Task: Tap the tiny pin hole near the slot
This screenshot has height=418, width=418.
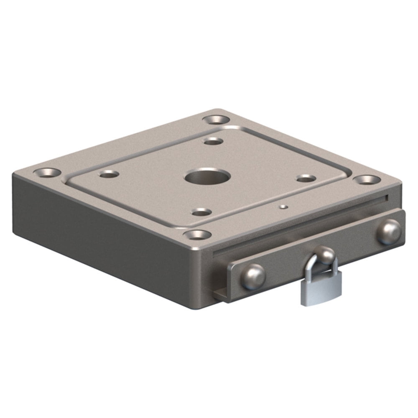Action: [x=284, y=206]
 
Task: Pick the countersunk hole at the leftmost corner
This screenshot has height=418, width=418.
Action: [x=47, y=172]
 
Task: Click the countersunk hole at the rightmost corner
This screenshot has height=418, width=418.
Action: [x=367, y=180]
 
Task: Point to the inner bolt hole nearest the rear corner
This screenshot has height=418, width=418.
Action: [x=214, y=141]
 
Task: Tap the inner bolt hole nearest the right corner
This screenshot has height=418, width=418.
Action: [x=306, y=178]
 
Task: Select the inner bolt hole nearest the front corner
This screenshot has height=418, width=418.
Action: [x=201, y=212]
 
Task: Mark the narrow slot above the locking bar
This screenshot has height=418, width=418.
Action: [x=301, y=226]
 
